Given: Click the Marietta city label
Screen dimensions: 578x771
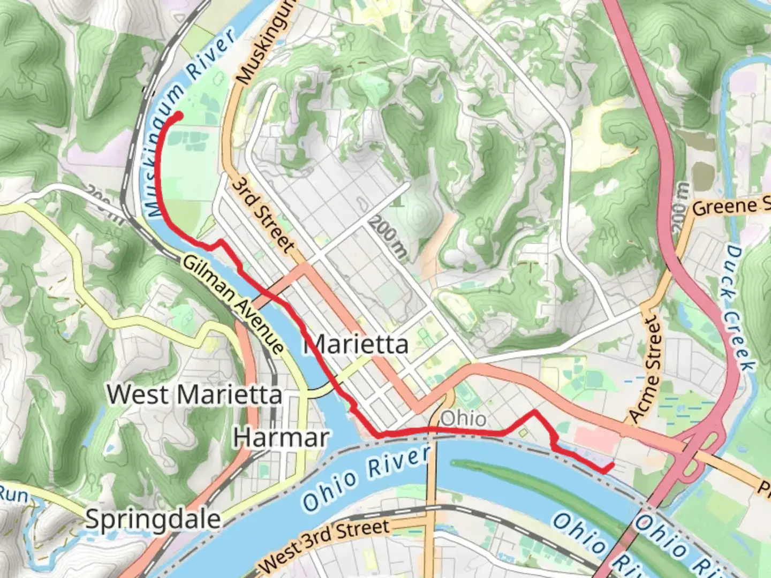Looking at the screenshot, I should [x=356, y=344].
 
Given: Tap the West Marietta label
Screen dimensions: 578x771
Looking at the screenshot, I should [x=194, y=394].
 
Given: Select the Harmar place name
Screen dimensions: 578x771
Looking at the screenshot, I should [x=281, y=438].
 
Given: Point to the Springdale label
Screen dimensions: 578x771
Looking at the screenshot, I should [x=153, y=519].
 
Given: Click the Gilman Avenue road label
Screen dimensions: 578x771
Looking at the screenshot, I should [x=233, y=303].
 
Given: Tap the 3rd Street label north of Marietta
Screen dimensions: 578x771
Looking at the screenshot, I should [x=263, y=215].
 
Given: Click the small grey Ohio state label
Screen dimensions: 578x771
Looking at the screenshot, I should [x=463, y=418].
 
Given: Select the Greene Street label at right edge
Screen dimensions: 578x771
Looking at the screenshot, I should [x=731, y=207].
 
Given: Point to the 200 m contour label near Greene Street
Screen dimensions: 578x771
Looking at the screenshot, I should [x=681, y=207].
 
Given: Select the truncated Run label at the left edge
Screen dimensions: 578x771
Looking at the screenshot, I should [x=13, y=495].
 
